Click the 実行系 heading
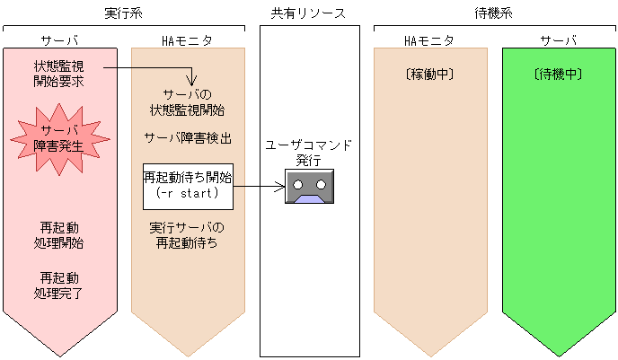coord(123,13)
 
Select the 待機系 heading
coord(494,13)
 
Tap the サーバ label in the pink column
coord(59,41)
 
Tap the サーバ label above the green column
coord(558,41)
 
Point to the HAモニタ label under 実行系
coord(188,41)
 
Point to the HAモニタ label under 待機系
coord(430,41)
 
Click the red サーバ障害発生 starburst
coord(58,136)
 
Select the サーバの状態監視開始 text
coord(188,102)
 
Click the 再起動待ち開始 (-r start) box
coord(188,186)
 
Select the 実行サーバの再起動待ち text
coord(188,234)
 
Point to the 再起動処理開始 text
coord(59,235)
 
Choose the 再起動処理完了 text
coord(59,285)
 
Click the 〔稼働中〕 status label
coord(430,75)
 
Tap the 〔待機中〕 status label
coord(558,75)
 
